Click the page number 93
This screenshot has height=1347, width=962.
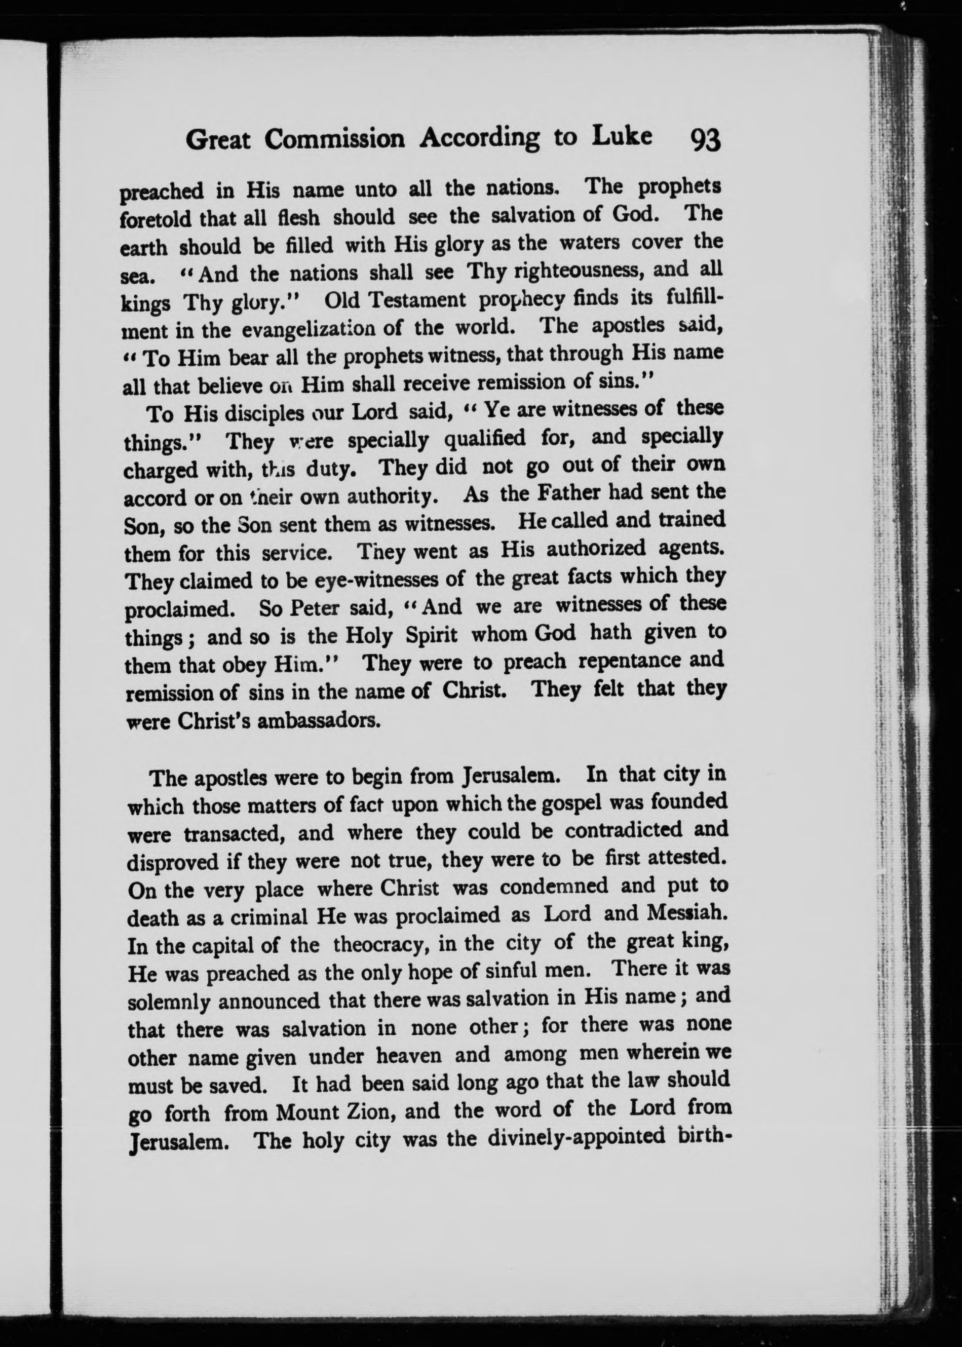coord(705,141)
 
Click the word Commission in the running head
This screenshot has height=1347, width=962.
coord(335,139)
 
